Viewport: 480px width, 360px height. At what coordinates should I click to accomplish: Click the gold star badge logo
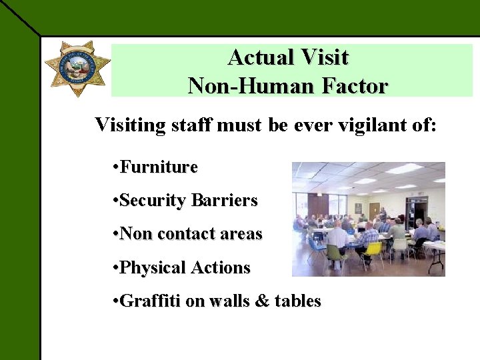(x=77, y=69)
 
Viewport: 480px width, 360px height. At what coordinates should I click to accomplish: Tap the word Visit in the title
(x=324, y=57)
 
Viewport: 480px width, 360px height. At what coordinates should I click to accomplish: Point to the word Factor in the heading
(x=353, y=86)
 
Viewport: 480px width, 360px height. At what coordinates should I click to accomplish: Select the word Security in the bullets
(x=153, y=201)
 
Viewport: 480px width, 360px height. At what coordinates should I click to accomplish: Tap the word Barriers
(x=225, y=201)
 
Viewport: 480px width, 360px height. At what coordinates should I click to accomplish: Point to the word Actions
(x=221, y=268)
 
